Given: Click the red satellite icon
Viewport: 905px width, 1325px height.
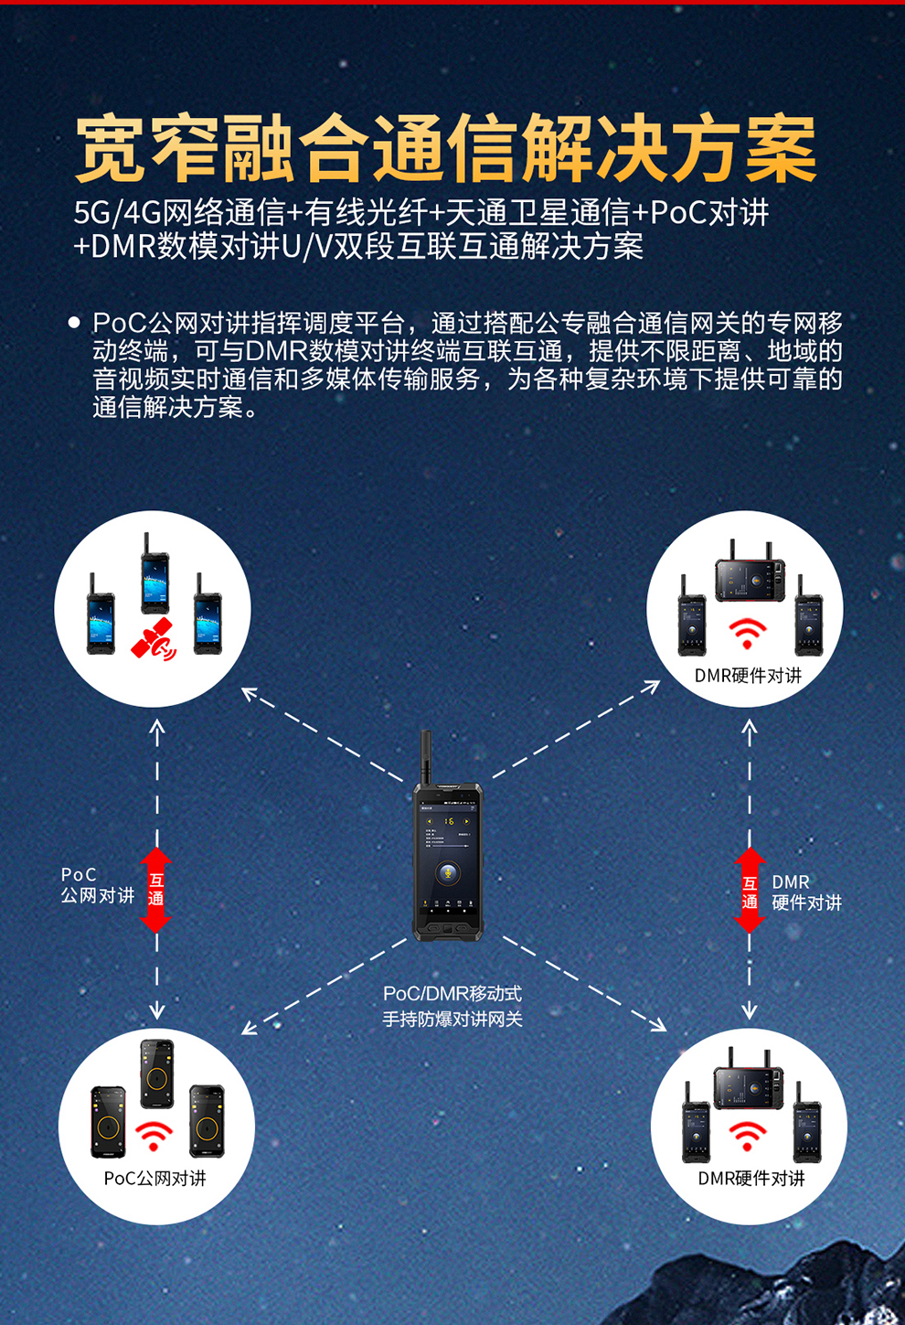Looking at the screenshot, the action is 154,639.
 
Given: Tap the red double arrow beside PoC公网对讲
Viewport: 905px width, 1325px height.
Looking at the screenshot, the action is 156,890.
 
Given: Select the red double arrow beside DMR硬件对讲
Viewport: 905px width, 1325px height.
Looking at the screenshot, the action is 750,890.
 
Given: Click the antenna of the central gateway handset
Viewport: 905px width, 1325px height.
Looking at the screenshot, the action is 425,758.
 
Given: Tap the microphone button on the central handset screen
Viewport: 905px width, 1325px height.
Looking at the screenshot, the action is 448,871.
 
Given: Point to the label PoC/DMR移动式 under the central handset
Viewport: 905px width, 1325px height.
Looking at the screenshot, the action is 452,993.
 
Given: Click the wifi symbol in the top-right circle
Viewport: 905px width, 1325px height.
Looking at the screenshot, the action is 747,634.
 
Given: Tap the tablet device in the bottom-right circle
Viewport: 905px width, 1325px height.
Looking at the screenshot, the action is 749,1079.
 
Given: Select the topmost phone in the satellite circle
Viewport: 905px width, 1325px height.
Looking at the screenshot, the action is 154,573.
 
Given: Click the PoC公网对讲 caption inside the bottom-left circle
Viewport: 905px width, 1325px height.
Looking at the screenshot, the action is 155,1179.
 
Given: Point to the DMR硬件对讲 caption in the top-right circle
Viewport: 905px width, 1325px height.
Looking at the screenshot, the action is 748,676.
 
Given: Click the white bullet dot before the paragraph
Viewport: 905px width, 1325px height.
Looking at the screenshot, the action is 74,323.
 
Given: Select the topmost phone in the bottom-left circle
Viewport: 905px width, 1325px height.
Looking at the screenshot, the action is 156,1074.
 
